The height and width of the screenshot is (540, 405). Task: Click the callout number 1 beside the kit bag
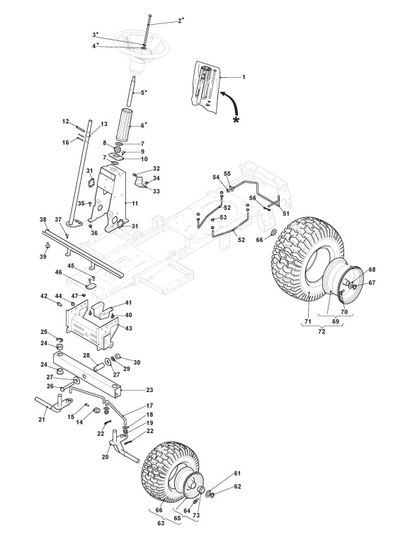click(244, 77)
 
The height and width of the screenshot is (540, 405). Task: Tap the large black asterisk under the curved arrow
click(236, 120)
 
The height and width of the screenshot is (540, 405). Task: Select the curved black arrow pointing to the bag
click(231, 101)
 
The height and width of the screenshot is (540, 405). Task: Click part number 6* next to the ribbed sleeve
click(144, 125)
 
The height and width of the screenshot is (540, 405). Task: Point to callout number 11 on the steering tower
click(135, 204)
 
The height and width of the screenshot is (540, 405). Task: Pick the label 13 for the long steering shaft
click(104, 124)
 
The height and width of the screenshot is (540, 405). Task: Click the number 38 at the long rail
click(42, 219)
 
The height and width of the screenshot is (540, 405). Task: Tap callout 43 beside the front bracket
click(129, 328)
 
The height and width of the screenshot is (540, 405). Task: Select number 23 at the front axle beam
click(149, 390)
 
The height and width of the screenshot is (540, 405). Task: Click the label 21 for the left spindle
click(42, 419)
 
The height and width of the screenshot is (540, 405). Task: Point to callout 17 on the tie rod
click(149, 406)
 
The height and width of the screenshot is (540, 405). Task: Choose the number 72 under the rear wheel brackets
click(321, 331)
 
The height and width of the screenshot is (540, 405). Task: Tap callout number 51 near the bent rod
click(286, 214)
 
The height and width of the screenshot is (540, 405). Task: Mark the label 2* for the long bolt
click(181, 21)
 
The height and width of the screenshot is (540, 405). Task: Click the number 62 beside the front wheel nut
click(237, 486)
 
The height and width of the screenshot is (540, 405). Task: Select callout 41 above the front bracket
click(128, 303)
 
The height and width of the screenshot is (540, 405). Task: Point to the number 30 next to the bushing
click(137, 362)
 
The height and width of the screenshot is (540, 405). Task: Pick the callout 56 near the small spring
click(253, 197)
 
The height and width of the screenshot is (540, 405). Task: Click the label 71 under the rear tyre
click(308, 321)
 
